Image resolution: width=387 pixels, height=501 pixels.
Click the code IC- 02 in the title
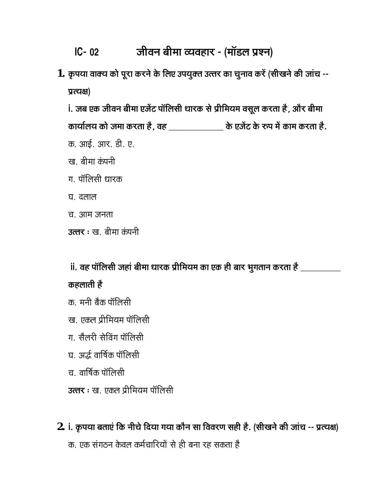[87, 52]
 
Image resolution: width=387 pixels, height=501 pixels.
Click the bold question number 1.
[61, 73]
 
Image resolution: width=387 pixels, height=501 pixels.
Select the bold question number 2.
[61, 427]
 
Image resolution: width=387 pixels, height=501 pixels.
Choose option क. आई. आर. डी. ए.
[101, 144]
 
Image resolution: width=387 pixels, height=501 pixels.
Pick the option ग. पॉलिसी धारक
[95, 179]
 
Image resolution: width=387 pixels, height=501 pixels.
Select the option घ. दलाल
[82, 197]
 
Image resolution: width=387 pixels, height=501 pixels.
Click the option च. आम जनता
[90, 215]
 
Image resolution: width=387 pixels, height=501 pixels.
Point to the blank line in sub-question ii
[320, 270]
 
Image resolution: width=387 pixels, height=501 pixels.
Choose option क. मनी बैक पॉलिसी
[100, 303]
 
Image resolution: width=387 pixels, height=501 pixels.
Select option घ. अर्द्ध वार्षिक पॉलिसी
[104, 355]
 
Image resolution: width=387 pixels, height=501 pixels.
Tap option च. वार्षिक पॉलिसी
[96, 373]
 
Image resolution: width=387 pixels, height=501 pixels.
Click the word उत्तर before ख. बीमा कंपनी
[76, 232]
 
